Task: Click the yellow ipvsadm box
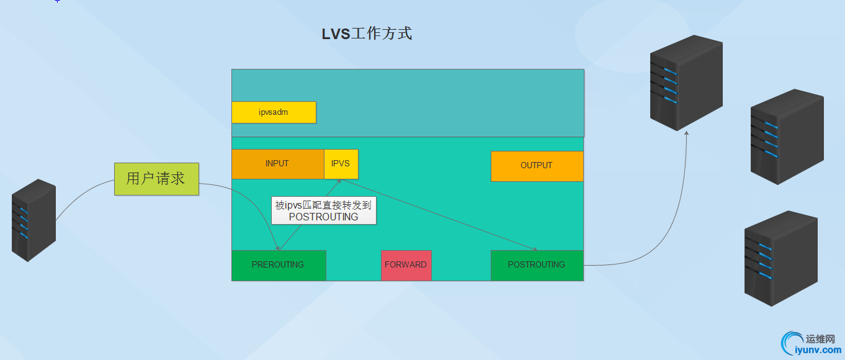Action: click(x=274, y=112)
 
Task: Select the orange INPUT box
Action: click(x=277, y=164)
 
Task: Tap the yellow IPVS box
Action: click(x=341, y=164)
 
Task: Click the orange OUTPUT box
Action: click(x=537, y=166)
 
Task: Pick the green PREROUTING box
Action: click(x=279, y=265)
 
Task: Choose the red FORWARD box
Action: click(x=406, y=265)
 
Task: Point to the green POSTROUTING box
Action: click(x=537, y=265)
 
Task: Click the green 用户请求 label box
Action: click(x=156, y=179)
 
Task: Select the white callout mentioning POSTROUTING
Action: click(x=324, y=211)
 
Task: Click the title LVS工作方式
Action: click(x=367, y=34)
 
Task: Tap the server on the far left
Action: click(x=34, y=220)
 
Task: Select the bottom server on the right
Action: click(x=780, y=258)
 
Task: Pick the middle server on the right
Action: click(x=786, y=136)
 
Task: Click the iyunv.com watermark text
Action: click(x=818, y=350)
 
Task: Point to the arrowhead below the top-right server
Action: click(x=686, y=132)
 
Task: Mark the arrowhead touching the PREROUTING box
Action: click(x=278, y=248)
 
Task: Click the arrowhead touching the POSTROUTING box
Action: click(x=535, y=249)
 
